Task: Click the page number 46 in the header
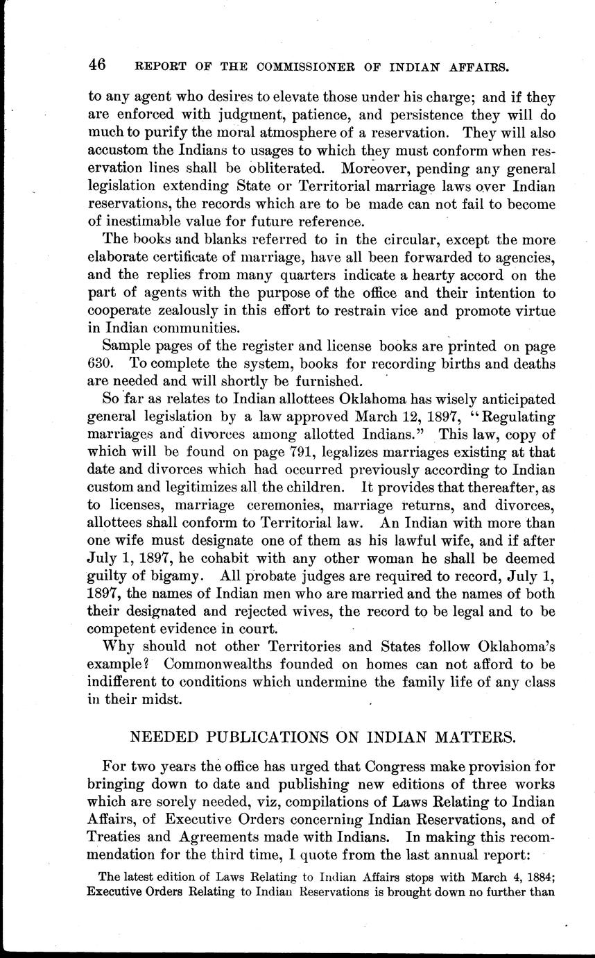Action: coord(96,66)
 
